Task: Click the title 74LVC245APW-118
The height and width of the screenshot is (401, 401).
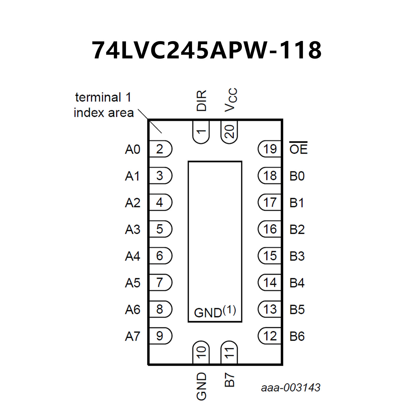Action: point(206,50)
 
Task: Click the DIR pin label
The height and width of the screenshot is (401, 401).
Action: point(201,101)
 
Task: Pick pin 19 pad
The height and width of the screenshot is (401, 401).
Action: point(270,149)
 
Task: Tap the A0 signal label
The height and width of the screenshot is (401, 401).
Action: point(133,149)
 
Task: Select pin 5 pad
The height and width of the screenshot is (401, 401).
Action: point(160,229)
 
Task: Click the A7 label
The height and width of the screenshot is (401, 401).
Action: point(133,336)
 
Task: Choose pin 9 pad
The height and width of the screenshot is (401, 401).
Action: point(160,336)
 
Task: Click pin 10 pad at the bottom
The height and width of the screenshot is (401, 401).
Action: point(201,352)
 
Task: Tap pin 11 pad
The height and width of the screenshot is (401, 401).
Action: point(229,352)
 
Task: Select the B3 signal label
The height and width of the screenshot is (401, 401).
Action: point(297,256)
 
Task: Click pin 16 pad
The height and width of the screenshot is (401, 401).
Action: point(270,229)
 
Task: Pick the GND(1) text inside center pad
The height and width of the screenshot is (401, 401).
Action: point(215,312)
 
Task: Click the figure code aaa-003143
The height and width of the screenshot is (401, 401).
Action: point(290,387)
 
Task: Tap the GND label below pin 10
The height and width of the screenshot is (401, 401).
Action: point(201,386)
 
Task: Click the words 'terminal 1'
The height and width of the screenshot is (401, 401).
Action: point(103,97)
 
